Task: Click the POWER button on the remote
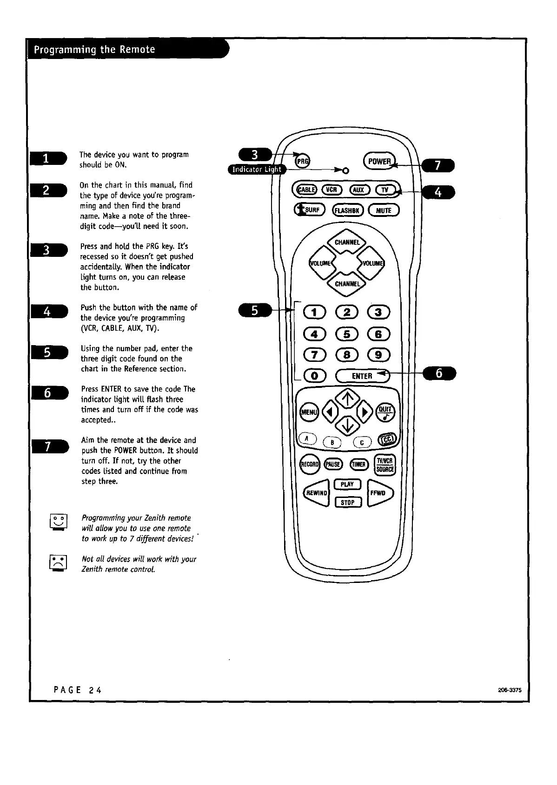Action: (379, 161)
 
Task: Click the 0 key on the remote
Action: (315, 376)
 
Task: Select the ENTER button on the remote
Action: (363, 376)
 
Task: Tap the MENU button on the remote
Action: (309, 412)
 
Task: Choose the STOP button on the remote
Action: (348, 502)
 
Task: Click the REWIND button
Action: (316, 492)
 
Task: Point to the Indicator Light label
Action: (257, 170)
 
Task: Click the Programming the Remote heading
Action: (93, 50)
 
